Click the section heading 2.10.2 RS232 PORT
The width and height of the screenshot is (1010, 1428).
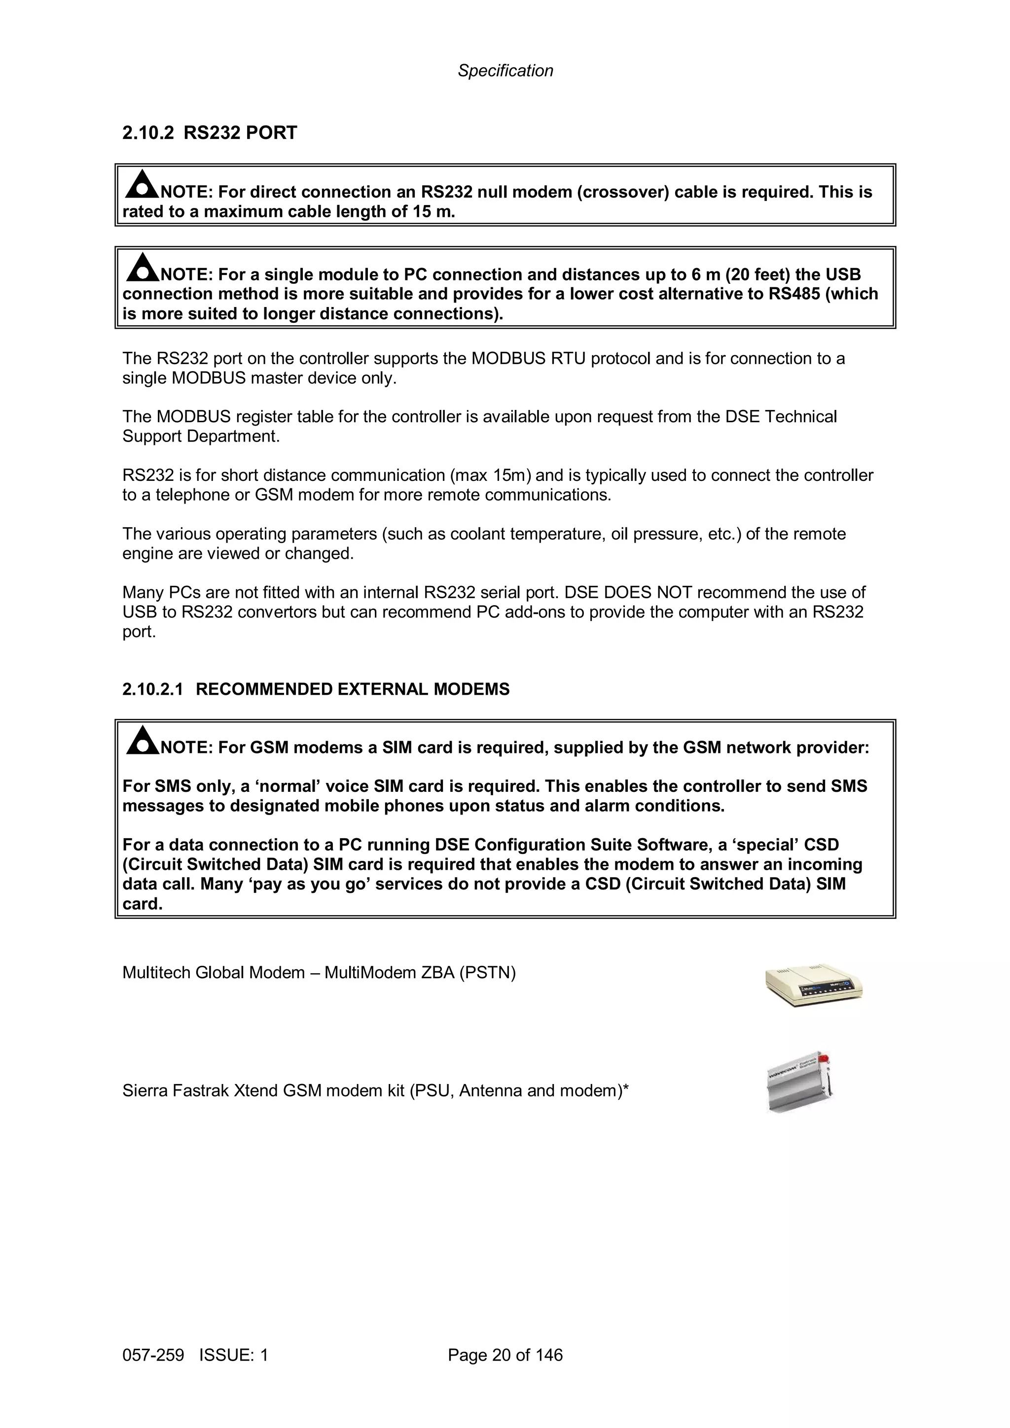(x=210, y=133)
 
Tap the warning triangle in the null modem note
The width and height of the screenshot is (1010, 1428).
(x=142, y=184)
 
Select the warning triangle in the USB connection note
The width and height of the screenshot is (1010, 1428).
(x=142, y=268)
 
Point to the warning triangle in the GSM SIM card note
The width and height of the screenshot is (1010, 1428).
(x=142, y=740)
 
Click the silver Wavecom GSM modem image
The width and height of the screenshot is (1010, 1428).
(x=799, y=1083)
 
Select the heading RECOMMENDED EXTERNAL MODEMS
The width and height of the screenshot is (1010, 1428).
(x=352, y=689)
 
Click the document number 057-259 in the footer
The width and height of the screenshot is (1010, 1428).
(x=153, y=1355)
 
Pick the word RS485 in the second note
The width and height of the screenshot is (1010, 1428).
(x=794, y=294)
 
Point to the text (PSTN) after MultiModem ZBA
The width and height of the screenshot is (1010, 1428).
(x=487, y=973)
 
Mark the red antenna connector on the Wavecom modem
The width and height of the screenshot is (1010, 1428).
(x=824, y=1058)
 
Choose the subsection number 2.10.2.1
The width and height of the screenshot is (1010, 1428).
(x=152, y=689)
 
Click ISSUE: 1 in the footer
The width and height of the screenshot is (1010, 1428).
(x=233, y=1355)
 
